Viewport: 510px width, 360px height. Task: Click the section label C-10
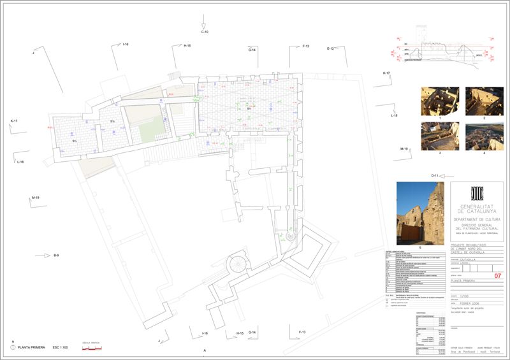205,32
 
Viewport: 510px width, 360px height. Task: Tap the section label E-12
331,48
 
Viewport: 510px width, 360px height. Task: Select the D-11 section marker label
435,175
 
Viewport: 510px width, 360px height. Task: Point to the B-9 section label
56,255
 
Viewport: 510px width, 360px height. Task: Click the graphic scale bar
93,349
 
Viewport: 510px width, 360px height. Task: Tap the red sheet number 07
498,276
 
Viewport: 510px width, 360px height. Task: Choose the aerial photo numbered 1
439,101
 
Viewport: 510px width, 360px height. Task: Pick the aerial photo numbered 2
484,101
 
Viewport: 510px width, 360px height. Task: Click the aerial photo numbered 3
439,136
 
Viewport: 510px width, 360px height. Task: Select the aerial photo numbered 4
484,136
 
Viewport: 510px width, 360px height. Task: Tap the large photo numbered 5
419,213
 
